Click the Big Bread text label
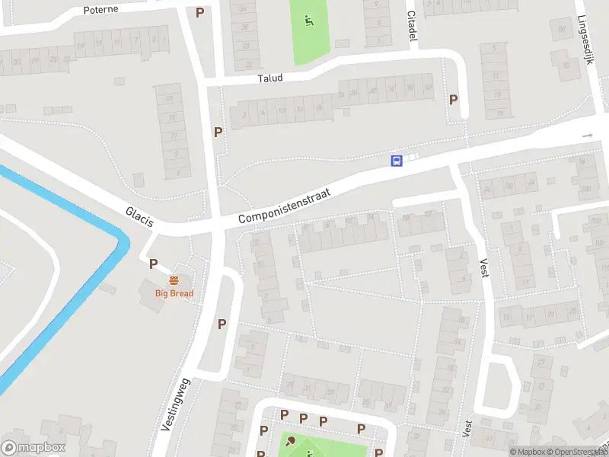coord(174,293)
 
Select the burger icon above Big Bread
coord(174,280)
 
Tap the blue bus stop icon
coord(397,160)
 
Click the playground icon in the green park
coord(309,21)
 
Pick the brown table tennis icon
coord(289,440)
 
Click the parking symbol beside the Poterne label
coord(199,12)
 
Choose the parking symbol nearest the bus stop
coord(454,99)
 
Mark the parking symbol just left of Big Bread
coord(153,264)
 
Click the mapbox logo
coord(33,447)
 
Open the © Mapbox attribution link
coord(527,452)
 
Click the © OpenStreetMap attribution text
coord(577,452)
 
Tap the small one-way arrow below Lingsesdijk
coord(587,136)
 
